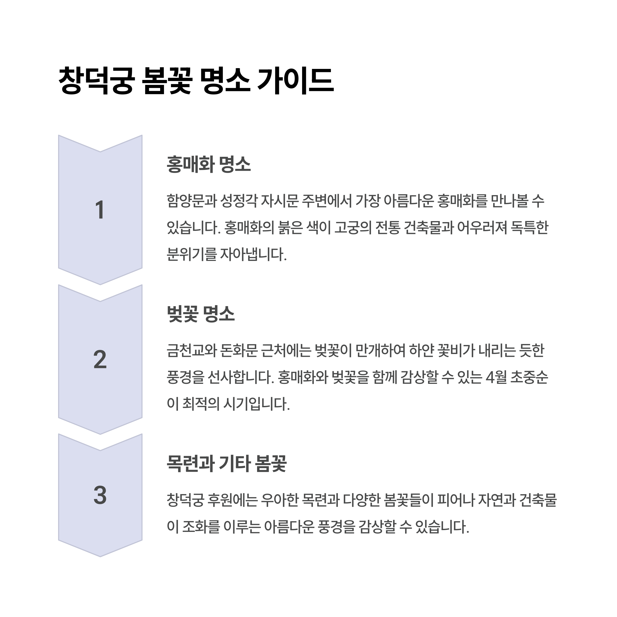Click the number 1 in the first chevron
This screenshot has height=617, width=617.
pyautogui.click(x=100, y=210)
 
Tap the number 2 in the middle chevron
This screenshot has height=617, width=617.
pyautogui.click(x=100, y=359)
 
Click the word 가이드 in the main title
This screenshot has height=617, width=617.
pyautogui.click(x=295, y=80)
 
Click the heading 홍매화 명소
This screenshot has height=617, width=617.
pyautogui.click(x=208, y=165)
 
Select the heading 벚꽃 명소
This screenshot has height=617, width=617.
pyautogui.click(x=201, y=314)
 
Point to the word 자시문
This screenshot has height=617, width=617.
pyautogui.click(x=279, y=201)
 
